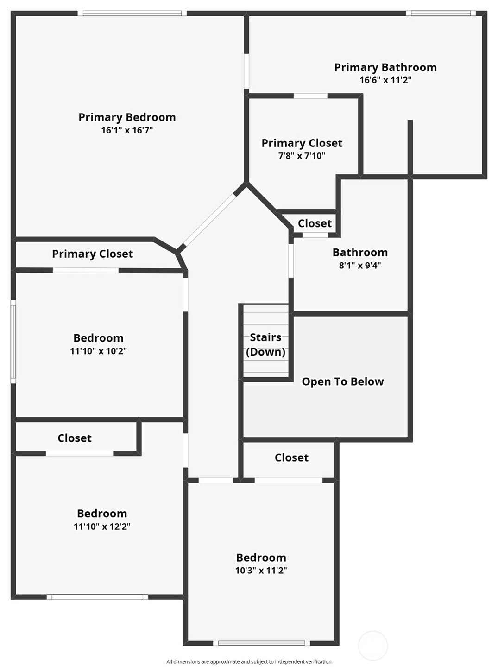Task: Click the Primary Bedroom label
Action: coord(127,117)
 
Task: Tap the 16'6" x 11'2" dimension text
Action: coord(385,80)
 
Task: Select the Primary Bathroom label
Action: coord(385,68)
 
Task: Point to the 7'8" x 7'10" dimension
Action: coord(302,156)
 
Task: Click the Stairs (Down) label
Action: coord(265,344)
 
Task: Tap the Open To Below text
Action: coord(343,381)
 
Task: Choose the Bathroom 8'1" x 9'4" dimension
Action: coord(360,266)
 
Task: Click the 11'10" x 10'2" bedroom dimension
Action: coord(98,351)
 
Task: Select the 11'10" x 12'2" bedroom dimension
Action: coord(102,527)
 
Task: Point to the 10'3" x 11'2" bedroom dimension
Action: coord(261,571)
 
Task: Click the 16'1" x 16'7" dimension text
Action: coord(127,130)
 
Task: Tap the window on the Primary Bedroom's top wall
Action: coord(132,13)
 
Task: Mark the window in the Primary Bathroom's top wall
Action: coord(441,13)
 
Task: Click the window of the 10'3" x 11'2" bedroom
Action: coord(261,643)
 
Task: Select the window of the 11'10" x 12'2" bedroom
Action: coord(97,597)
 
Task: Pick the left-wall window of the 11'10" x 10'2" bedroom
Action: coord(13,342)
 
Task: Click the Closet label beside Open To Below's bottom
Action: coord(291,458)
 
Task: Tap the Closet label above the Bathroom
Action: coord(315,223)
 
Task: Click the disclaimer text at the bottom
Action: coord(249,661)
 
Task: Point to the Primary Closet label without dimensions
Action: coord(92,254)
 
